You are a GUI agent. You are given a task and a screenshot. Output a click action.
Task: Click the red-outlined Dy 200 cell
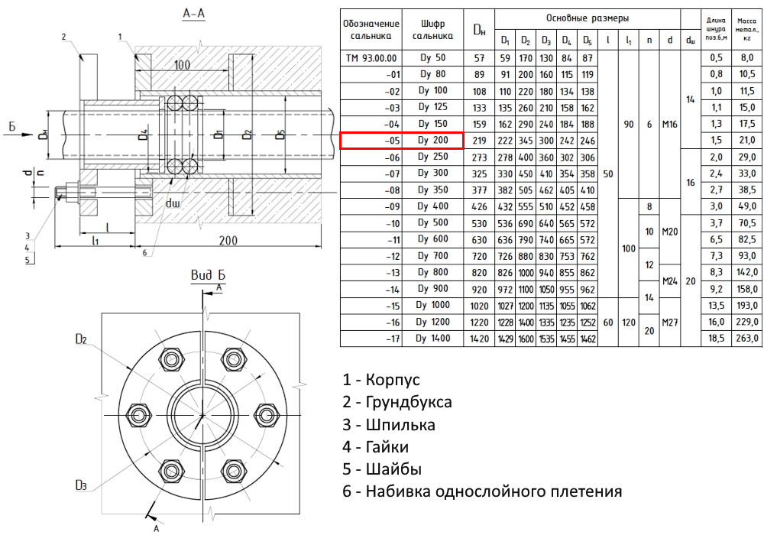pyautogui.click(x=402, y=140)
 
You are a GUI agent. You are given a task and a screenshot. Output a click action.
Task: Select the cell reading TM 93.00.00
pyautogui.click(x=372, y=58)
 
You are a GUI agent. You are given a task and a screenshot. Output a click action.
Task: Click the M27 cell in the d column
pyautogui.click(x=670, y=321)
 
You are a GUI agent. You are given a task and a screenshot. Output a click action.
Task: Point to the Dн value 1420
pyautogui.click(x=479, y=338)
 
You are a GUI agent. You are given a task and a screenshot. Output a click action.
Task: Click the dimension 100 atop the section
pyautogui.click(x=181, y=65)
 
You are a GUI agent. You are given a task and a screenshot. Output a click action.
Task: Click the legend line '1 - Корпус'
pyautogui.click(x=381, y=380)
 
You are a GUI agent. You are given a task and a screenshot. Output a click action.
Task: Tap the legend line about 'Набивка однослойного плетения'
pyautogui.click(x=482, y=491)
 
